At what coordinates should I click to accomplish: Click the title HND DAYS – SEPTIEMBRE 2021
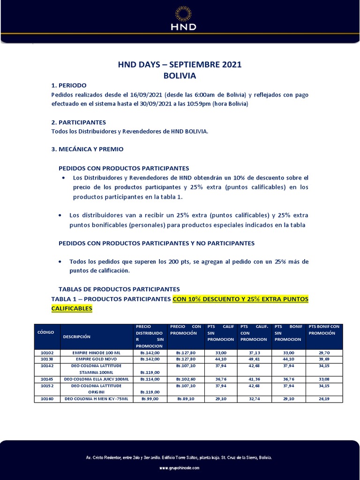180,65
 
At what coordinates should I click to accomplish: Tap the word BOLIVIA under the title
180,75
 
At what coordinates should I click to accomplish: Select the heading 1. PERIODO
68,85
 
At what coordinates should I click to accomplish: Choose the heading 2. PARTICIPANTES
78,122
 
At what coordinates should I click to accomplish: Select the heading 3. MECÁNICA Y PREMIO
87,149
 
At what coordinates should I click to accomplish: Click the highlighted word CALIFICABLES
72,308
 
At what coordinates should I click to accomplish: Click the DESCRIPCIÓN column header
76,336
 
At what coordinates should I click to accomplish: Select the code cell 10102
47,352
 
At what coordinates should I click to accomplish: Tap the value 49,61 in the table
254,359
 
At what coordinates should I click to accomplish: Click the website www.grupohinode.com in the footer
180,468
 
